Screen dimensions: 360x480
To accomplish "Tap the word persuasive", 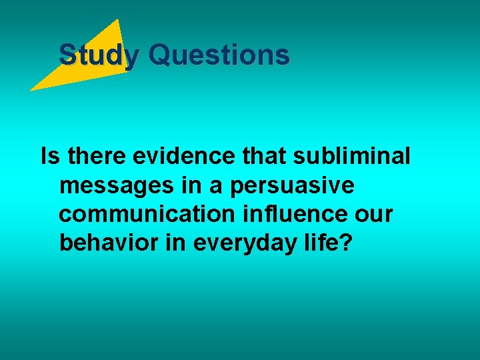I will click(292, 186).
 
